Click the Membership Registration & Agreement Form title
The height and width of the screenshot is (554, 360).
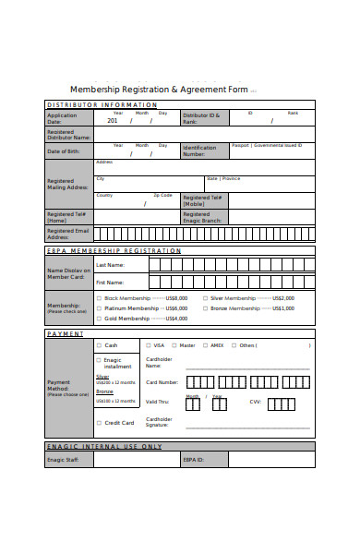[x=159, y=90]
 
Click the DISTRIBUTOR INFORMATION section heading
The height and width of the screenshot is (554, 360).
[x=102, y=104]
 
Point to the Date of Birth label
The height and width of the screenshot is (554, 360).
[x=64, y=151]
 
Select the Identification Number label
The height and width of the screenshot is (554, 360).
[x=199, y=151]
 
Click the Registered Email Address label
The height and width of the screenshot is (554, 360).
[x=67, y=234]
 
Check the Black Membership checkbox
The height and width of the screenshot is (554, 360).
[x=99, y=298]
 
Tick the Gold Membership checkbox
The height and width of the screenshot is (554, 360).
[x=99, y=318]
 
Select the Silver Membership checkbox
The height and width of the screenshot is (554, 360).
[x=205, y=298]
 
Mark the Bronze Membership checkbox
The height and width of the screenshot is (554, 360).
[x=205, y=308]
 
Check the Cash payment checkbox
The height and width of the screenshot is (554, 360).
[x=99, y=345]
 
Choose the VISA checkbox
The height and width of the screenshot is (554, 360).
[x=148, y=345]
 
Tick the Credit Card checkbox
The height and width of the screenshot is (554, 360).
[x=99, y=423]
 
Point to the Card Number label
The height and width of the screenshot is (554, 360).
[x=162, y=381]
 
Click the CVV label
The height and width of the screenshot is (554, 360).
[x=255, y=402]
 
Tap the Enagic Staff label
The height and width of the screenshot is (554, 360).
[x=63, y=459]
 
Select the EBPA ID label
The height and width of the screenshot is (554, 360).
[x=192, y=459]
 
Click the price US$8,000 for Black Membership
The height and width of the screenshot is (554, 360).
[x=176, y=298]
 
